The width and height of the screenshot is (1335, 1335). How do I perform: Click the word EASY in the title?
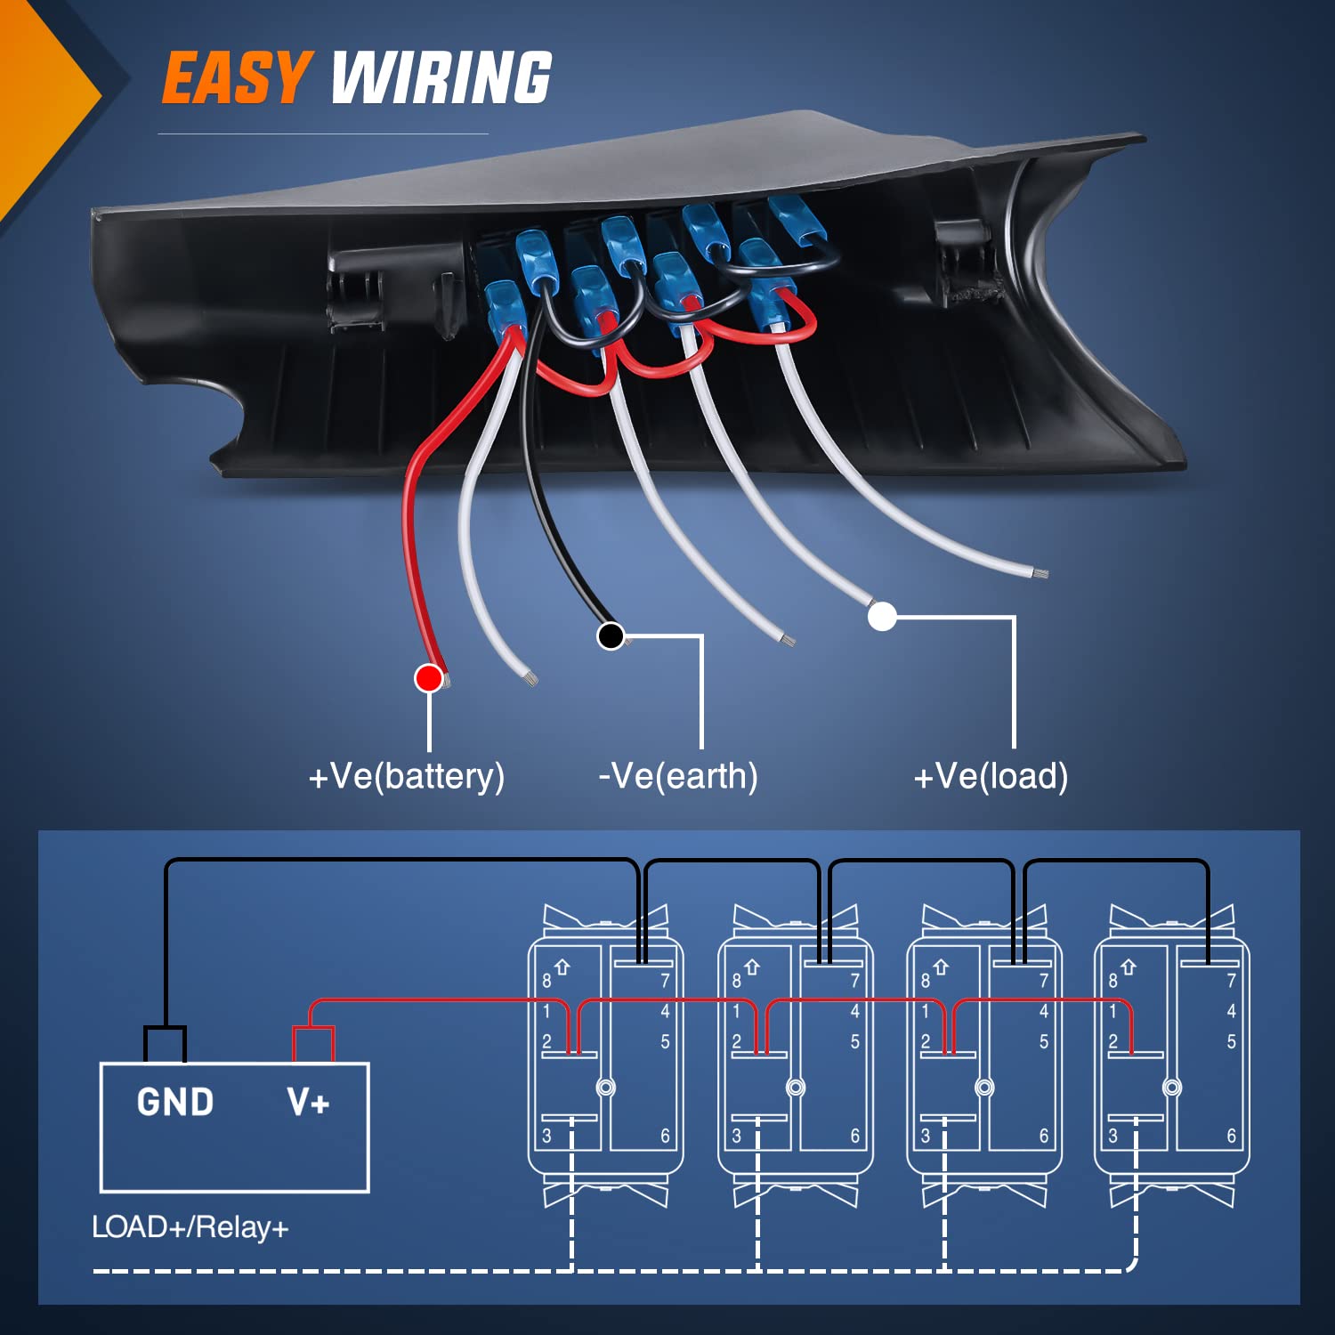pos(236,77)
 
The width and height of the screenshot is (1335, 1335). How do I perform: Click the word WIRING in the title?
pos(441,77)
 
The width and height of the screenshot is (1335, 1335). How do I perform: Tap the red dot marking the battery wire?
pos(429,678)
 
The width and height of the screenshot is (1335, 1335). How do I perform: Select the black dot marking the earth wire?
pos(611,635)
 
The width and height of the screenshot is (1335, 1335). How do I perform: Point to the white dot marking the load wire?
pos(882,616)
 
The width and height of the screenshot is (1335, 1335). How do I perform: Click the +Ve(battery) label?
pos(407,776)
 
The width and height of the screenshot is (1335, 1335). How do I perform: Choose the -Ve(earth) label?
pos(678,776)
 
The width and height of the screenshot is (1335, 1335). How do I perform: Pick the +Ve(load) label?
pos(991,776)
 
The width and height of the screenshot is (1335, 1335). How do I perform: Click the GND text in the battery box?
pos(175,1103)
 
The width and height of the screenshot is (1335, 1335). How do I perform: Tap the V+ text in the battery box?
pos(308,1103)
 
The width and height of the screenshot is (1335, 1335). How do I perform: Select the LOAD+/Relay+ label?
pos(190,1227)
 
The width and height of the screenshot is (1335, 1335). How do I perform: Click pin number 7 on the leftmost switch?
pos(665,981)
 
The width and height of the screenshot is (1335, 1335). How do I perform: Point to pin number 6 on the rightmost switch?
pos(1232,1136)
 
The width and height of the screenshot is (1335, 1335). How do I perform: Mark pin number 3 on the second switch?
pos(736,1136)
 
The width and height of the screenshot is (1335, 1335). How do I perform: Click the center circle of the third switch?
pos(984,1088)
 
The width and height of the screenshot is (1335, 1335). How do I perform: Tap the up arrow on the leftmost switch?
pos(562,967)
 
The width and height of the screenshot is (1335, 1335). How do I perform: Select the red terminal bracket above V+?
pos(313,1041)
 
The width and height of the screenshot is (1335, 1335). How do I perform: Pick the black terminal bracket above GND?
pos(166,1041)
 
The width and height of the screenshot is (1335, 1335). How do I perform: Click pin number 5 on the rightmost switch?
pos(1232,1041)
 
